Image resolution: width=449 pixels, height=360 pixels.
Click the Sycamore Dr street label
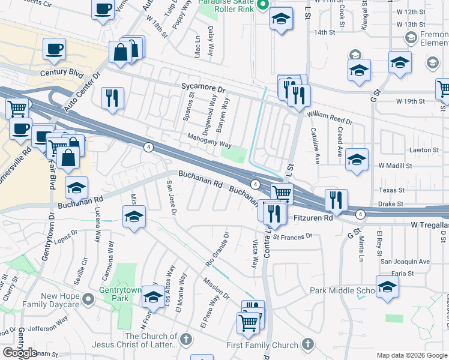(203, 88)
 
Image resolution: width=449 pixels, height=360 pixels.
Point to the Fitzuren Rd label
(313, 218)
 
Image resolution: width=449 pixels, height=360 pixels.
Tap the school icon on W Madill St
(357, 159)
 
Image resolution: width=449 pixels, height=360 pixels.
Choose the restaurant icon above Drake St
(336, 200)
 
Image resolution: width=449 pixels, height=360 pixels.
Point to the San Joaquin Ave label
(406, 262)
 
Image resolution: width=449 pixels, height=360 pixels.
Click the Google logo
(20, 353)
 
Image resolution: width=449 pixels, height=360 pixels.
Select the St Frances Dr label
(292, 236)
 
